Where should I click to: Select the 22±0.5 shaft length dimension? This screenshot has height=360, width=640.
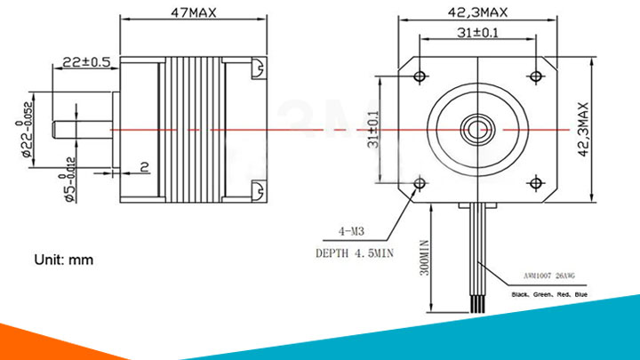click(x=85, y=62)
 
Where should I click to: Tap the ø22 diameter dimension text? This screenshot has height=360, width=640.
click(x=27, y=125)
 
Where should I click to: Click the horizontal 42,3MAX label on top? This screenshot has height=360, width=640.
click(x=477, y=12)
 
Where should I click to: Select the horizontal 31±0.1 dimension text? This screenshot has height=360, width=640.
click(x=477, y=33)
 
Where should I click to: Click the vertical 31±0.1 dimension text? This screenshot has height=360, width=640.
click(x=372, y=130)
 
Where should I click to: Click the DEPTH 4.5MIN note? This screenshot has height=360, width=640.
click(x=354, y=252)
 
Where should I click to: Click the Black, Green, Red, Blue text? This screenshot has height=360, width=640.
click(x=550, y=293)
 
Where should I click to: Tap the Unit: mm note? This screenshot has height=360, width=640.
click(x=64, y=260)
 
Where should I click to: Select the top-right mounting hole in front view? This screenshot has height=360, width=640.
click(x=534, y=74)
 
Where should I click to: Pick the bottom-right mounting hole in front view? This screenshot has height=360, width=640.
click(x=534, y=184)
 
